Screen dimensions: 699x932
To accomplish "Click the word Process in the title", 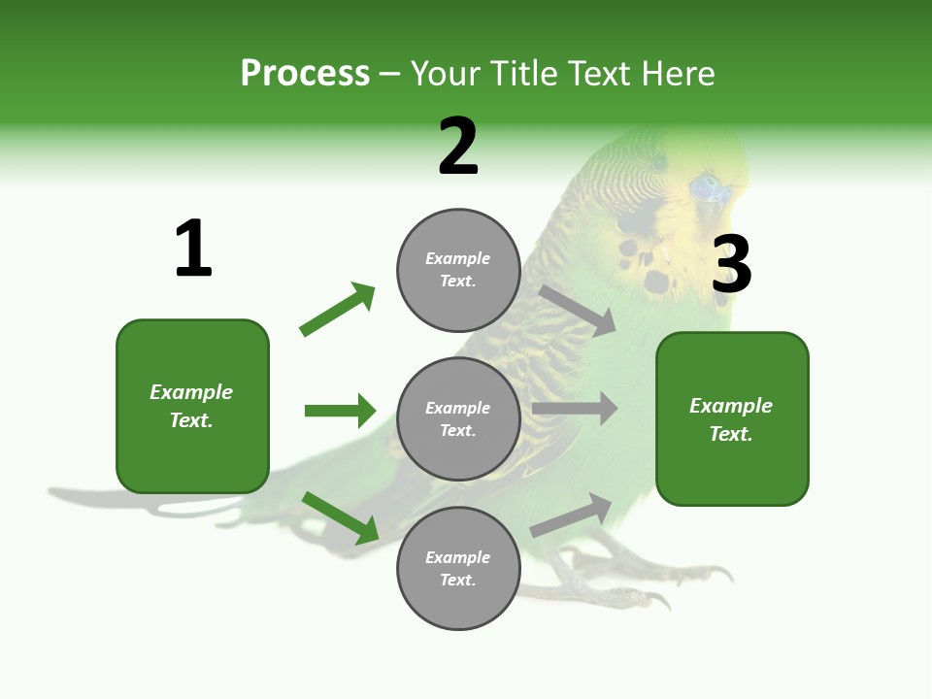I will coord(305,74).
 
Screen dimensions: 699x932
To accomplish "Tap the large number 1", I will coord(192,250).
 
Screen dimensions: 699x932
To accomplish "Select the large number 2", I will coord(457,148).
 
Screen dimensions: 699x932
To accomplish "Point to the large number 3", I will coord(731,266).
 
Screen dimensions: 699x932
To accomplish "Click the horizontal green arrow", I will coord(340,411).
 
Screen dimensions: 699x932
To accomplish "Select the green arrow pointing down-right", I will coord(340,517).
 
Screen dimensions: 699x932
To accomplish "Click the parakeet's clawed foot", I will coord(602,573).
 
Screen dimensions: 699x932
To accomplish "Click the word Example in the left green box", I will coord(191,392).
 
